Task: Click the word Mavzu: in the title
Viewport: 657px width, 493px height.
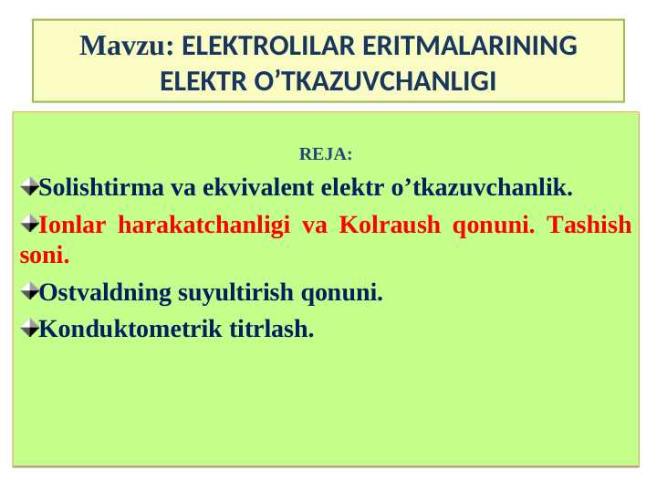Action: click(127, 46)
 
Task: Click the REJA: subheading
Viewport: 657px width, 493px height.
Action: click(326, 153)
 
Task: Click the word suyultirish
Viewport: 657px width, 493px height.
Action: click(244, 293)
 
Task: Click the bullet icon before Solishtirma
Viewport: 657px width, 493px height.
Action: click(28, 188)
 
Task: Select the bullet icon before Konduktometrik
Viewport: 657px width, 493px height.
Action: click(28, 329)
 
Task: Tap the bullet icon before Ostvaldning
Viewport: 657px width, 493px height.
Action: click(28, 293)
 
